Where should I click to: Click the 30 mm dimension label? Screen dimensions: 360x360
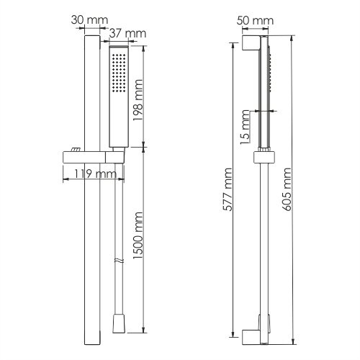(x=89, y=20)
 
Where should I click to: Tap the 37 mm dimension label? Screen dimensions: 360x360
(x=127, y=34)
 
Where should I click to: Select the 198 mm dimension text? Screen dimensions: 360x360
(x=138, y=100)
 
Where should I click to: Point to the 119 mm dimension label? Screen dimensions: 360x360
(x=95, y=174)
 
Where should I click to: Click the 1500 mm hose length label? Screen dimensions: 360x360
(x=138, y=235)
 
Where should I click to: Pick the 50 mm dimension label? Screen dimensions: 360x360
(x=255, y=21)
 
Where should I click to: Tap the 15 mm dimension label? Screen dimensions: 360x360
(x=245, y=127)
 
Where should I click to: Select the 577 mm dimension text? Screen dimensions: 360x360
(x=228, y=189)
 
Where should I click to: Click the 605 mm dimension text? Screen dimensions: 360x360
(x=287, y=189)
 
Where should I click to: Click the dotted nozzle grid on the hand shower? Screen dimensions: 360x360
(x=119, y=73)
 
